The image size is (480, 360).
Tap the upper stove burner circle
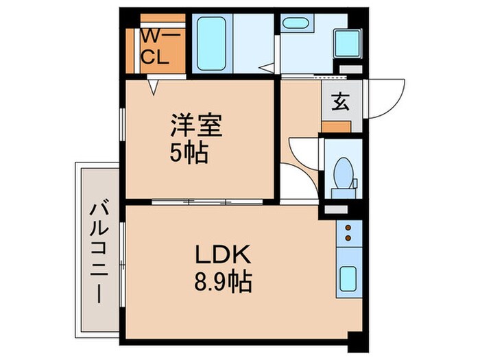point(348,227)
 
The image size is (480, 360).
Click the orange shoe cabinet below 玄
point(336,126)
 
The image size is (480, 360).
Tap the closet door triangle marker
point(154,86)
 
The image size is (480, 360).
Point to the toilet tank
point(341,184)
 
